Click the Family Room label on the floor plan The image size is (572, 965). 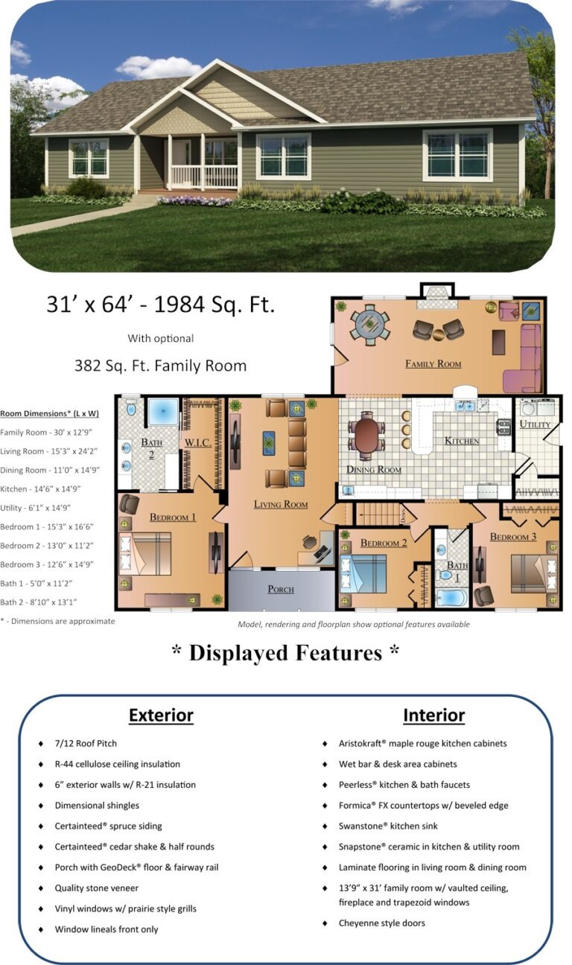point(433,364)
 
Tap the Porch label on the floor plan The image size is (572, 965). point(281,589)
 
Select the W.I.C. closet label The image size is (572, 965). point(198,442)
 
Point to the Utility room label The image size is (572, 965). point(535,424)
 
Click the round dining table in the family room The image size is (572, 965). point(370,325)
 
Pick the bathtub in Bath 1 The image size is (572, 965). point(452,599)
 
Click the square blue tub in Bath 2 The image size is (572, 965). point(163,413)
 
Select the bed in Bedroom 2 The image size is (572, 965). point(363,574)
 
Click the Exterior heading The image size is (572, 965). point(161,716)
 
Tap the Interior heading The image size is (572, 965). point(434,716)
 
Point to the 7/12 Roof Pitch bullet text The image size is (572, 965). point(86,744)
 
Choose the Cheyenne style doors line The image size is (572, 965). point(382,923)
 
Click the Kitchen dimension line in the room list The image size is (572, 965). point(40,489)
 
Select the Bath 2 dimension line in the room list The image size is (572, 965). point(39,602)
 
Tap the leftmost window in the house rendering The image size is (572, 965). point(89,158)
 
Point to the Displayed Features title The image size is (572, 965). point(285,653)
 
